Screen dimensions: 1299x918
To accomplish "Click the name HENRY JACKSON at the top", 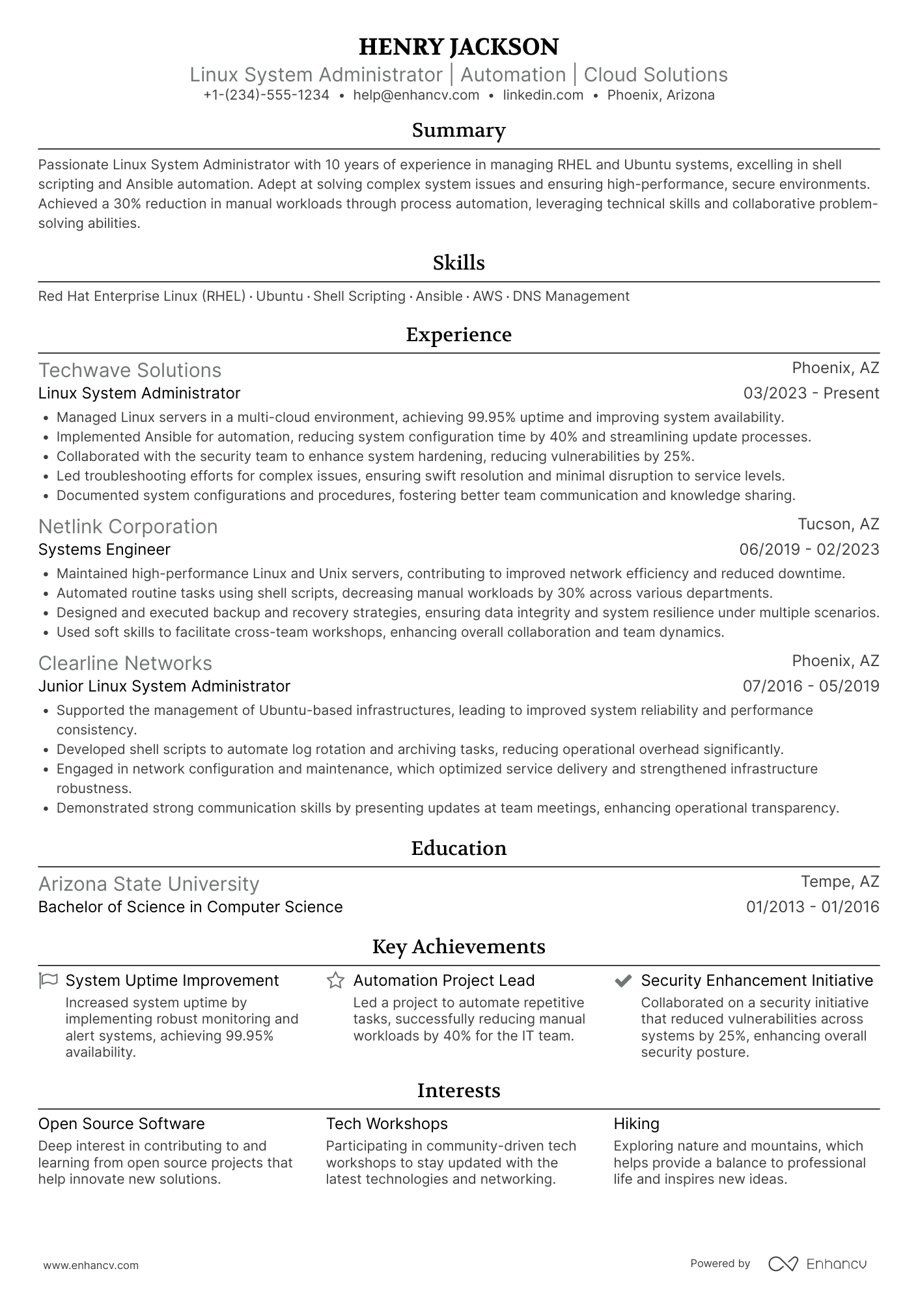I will point(458,47).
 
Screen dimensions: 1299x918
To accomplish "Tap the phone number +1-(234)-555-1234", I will point(266,95).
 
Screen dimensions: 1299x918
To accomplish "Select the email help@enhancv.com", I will point(416,95).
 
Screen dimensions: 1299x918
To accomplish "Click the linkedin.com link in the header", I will point(543,95).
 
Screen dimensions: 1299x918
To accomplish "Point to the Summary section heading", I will point(458,130).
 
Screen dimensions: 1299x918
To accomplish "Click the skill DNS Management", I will point(571,296).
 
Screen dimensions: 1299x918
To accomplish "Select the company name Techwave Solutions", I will point(130,370).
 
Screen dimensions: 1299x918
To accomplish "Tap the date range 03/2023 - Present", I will point(811,393).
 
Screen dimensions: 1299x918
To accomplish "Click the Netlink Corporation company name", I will point(128,526).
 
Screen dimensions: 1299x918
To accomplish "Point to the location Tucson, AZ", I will point(838,524).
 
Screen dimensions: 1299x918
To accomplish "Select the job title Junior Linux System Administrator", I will point(164,686).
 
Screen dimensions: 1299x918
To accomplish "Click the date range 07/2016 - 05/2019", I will point(811,686).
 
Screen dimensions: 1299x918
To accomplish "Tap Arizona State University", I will point(148,884).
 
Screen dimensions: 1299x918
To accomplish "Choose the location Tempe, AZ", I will point(839,882).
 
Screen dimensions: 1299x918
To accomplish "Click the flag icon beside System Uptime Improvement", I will point(48,980).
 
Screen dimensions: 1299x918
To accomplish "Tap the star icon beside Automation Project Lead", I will point(335,980).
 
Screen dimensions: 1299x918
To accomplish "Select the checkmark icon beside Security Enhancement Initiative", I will point(623,981).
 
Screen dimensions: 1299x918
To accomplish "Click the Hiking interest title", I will point(636,1124).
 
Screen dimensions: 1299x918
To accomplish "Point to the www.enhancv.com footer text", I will point(90,1266).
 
